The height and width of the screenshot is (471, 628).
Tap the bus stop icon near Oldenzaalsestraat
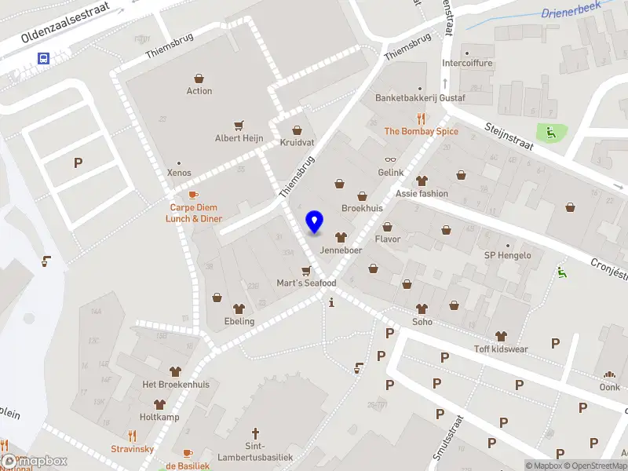[43, 58]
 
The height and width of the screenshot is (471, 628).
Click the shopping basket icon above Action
[199, 78]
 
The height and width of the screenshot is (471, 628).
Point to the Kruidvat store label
[297, 143]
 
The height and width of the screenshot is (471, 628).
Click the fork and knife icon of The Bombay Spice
[422, 119]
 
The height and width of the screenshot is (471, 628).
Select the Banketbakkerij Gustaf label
[420, 99]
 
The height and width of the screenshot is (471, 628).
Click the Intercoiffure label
[467, 64]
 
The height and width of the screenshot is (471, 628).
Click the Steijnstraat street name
[509, 135]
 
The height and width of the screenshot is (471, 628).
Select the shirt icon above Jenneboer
[340, 237]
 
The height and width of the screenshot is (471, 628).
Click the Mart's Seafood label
[306, 283]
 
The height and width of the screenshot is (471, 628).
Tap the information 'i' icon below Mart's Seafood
[332, 302]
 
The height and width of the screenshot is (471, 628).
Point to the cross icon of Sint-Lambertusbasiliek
[254, 433]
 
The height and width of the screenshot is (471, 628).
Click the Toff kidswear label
[501, 349]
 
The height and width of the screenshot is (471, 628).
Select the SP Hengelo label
[507, 255]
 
